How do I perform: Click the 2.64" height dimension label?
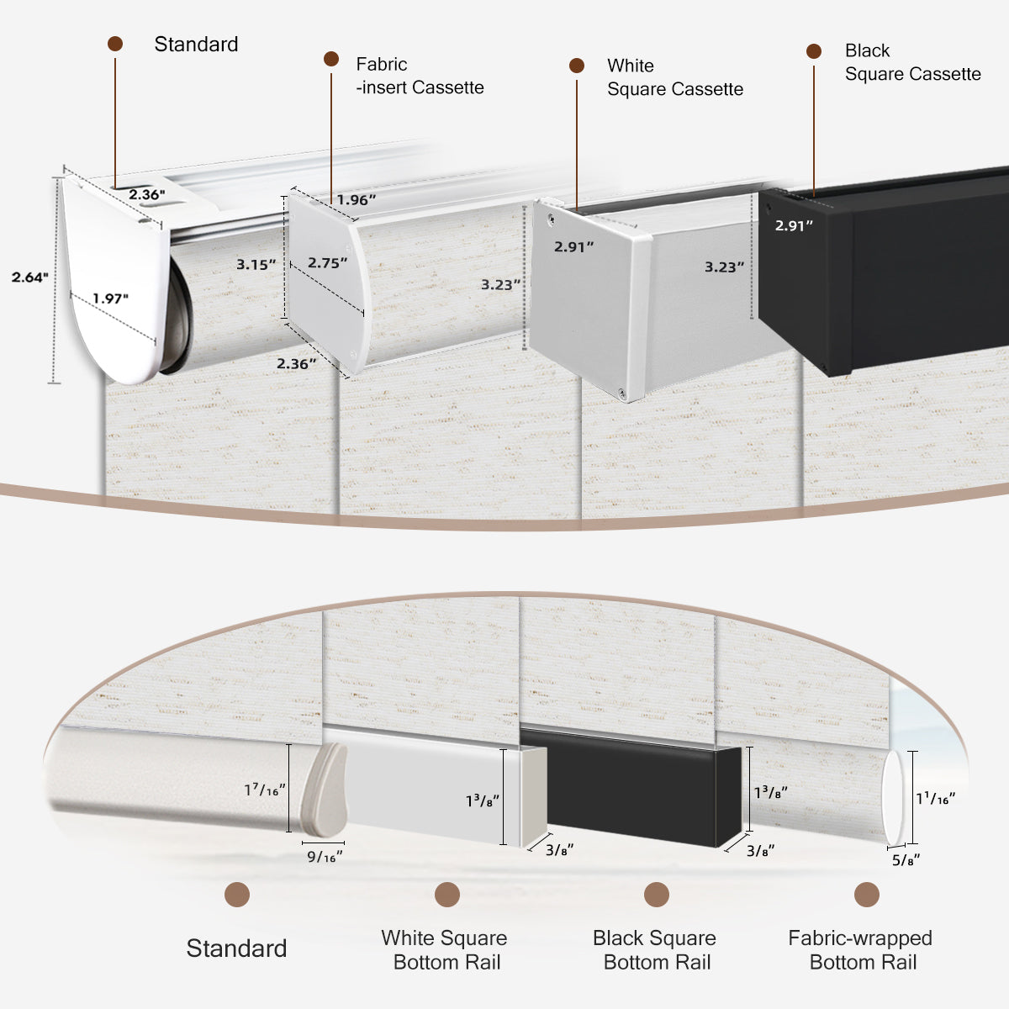tap(30, 277)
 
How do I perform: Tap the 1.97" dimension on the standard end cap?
tap(111, 298)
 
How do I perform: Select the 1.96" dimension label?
tap(357, 200)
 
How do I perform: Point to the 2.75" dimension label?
tap(327, 263)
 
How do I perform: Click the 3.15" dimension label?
tap(256, 265)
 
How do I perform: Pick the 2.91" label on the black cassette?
tap(794, 225)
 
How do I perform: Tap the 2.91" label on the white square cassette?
tap(573, 247)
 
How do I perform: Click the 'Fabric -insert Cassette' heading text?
tap(419, 76)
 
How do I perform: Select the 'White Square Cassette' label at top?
tap(674, 77)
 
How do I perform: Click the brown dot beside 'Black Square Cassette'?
tap(813, 51)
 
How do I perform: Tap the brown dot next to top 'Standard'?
tap(115, 44)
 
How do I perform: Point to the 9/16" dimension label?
tap(324, 857)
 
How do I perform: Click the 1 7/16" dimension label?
tap(265, 790)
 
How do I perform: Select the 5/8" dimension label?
tap(906, 859)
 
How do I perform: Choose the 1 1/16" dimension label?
tap(935, 798)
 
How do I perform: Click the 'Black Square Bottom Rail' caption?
tap(655, 950)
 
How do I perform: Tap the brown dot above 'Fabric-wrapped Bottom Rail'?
tap(866, 895)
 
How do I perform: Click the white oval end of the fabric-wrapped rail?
tap(893, 798)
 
